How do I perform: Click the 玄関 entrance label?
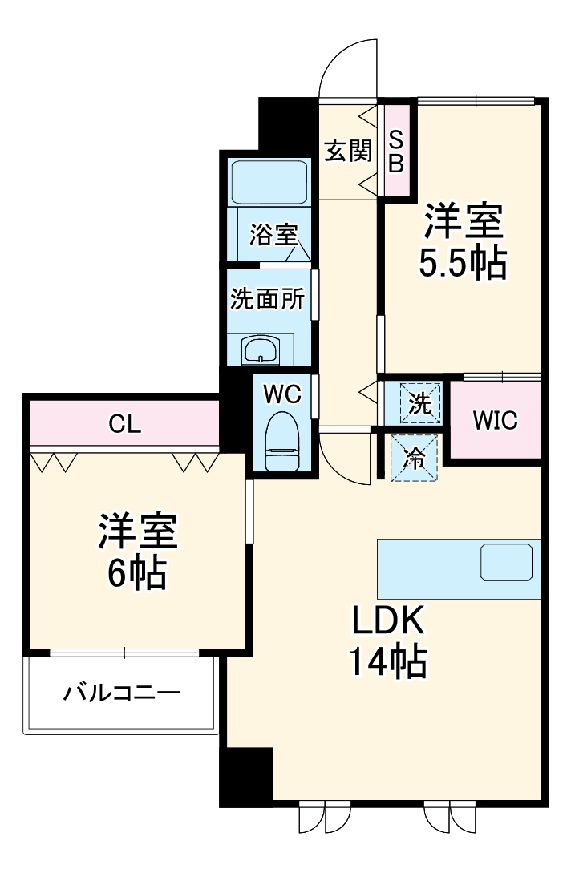tap(348, 151)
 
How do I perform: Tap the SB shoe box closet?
tap(396, 151)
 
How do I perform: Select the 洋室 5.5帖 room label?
tap(464, 242)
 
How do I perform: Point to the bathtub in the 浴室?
tap(269, 183)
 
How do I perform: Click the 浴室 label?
tap(273, 235)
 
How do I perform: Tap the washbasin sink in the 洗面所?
tap(261, 350)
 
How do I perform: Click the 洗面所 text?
tap(267, 299)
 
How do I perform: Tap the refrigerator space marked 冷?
tap(415, 458)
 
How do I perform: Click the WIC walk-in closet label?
tap(495, 419)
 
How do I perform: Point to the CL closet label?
tap(125, 424)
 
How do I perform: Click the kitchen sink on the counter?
tap(506, 562)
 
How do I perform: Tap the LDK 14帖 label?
tap(387, 641)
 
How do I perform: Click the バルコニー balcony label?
tap(122, 692)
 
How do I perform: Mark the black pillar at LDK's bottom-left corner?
tap(246, 774)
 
